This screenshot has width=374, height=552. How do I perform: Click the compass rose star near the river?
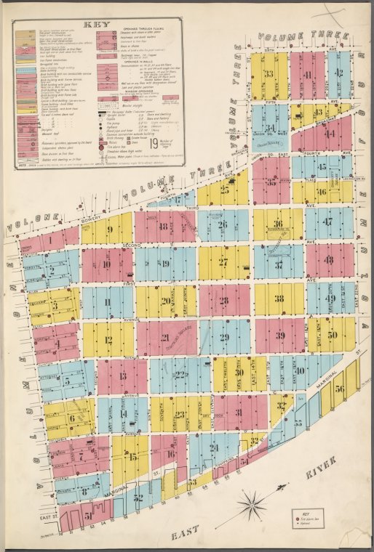point(253,500)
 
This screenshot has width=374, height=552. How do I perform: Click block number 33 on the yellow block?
point(268,74)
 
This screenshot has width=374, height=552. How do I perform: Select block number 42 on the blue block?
point(340,73)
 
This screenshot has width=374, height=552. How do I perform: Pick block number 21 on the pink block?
point(165,337)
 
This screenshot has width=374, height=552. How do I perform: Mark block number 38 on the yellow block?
point(279,298)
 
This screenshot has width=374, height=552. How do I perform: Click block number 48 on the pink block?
point(329,259)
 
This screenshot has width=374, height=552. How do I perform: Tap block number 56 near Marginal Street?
point(340,389)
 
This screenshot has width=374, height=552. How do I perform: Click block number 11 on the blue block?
point(108,301)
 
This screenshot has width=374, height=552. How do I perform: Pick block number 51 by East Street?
point(88,516)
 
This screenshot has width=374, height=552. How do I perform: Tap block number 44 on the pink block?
point(329,133)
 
